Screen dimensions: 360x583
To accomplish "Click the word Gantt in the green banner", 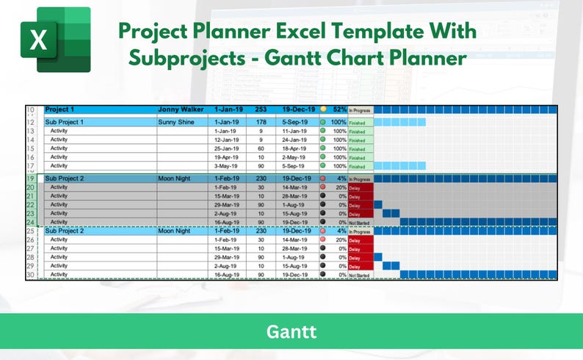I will click(291, 332).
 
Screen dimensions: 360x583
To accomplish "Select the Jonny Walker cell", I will click(180, 109).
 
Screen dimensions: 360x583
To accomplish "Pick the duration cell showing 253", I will click(261, 109).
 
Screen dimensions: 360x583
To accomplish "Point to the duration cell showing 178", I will click(261, 122).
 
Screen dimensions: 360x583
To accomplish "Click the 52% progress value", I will click(339, 109).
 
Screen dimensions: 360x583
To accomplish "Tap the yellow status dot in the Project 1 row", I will click(323, 109).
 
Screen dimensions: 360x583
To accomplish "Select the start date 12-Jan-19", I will click(228, 140).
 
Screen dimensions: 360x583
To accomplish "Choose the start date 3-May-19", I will click(228, 167).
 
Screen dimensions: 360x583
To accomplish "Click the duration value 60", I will click(261, 148).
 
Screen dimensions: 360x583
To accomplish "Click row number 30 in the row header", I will click(31, 275).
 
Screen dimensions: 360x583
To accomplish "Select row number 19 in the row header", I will click(31, 179).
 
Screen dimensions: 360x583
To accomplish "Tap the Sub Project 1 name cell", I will click(65, 122).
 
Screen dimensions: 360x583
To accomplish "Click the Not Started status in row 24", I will click(359, 222).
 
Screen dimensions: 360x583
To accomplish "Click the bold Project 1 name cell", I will click(61, 109).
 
